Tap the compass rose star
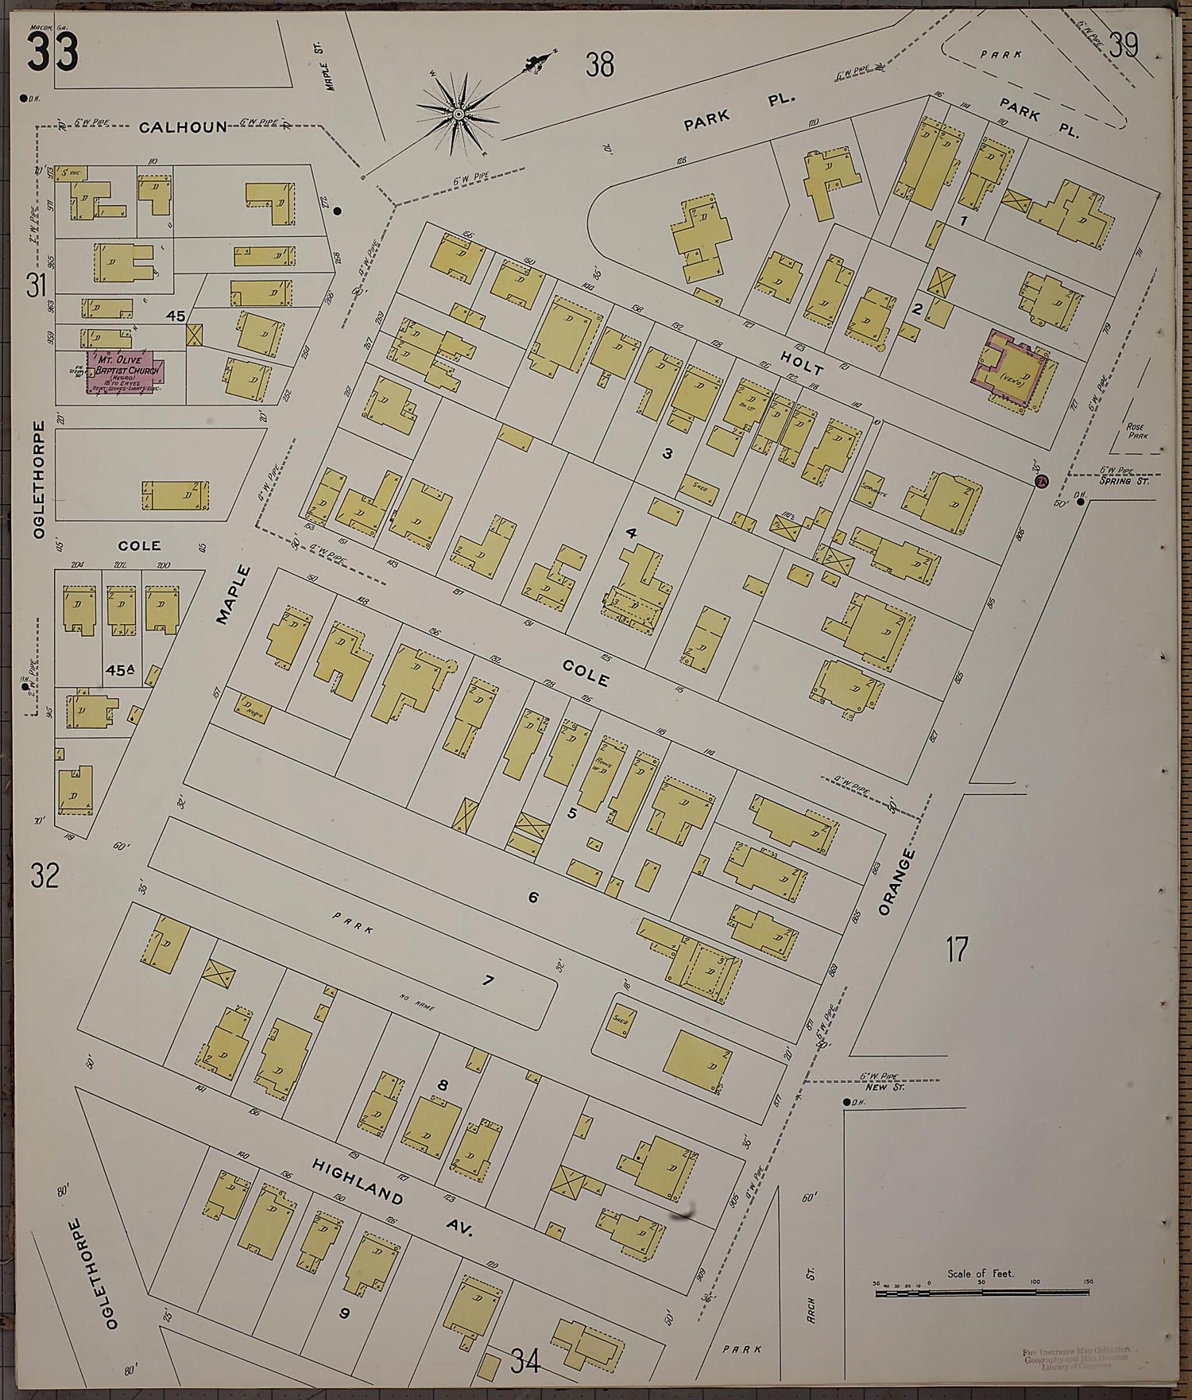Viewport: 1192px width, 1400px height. click(459, 115)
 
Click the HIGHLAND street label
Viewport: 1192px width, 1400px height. click(358, 1181)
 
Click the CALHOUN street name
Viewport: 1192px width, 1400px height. click(182, 126)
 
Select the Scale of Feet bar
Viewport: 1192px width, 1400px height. click(981, 1293)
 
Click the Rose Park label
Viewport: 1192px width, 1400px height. click(1137, 431)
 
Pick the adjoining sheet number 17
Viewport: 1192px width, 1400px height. click(957, 949)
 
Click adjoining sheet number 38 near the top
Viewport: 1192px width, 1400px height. click(600, 64)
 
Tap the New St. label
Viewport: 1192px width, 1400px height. click(875, 1087)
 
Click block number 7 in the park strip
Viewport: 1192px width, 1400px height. click(488, 980)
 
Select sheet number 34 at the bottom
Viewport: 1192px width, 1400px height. click(525, 1361)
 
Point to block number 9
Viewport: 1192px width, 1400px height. click(344, 1313)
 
